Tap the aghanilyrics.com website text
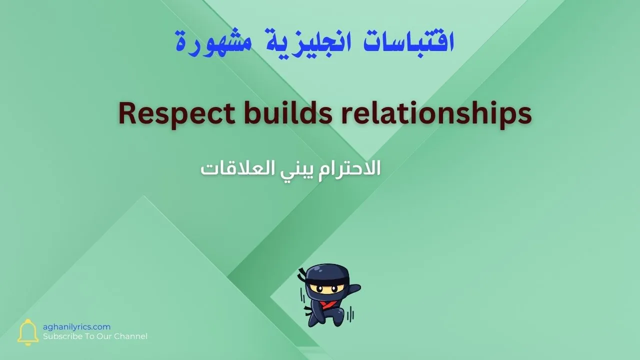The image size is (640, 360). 76,326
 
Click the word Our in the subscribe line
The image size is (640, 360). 105,336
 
